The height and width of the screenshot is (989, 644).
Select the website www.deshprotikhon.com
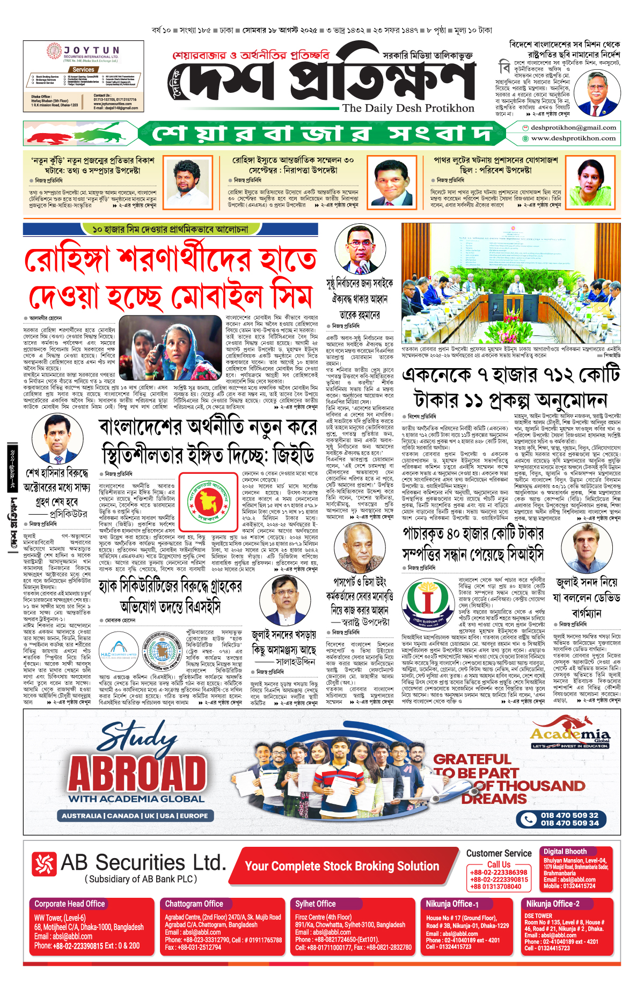[573, 138]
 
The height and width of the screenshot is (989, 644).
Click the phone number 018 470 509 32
[569, 815]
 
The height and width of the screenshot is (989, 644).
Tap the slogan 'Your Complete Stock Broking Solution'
[342, 866]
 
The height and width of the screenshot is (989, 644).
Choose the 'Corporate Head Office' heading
[70, 904]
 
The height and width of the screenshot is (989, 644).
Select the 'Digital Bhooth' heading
[565, 852]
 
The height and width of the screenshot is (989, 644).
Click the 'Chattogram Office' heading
[194, 904]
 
